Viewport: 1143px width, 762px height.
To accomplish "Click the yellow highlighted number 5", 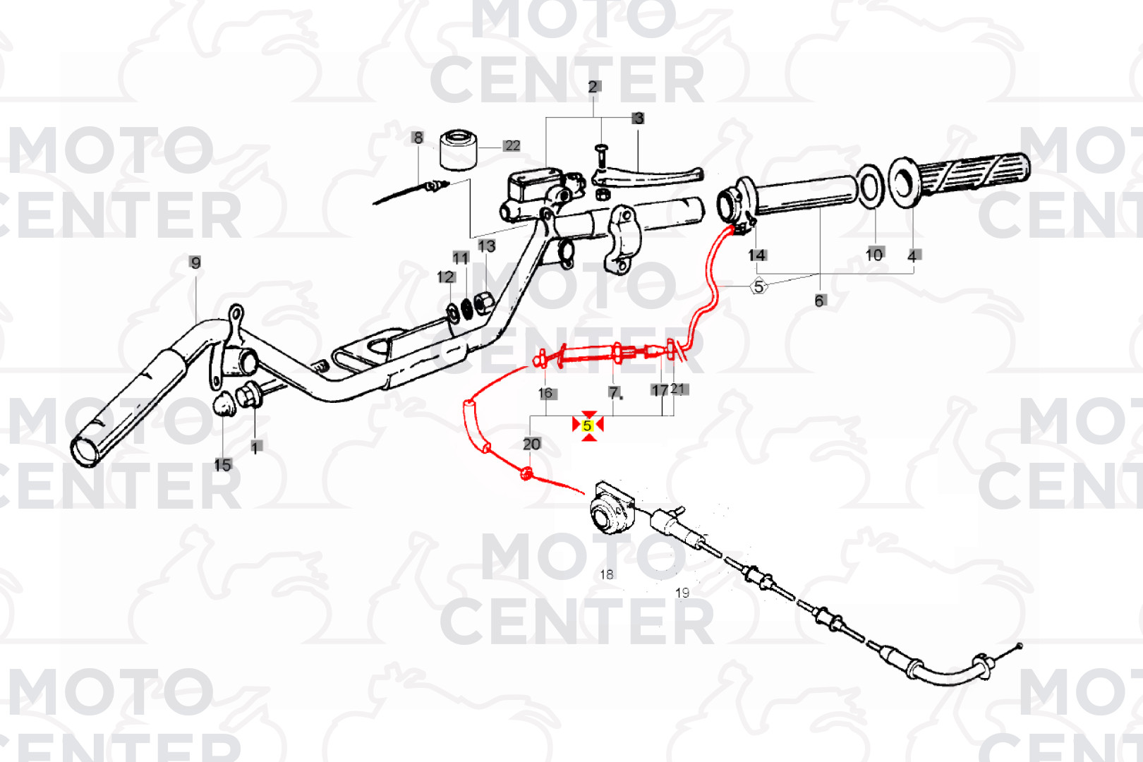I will coord(587,425).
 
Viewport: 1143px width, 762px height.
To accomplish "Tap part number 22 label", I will coord(512,146).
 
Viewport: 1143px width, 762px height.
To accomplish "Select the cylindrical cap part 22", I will coord(459,150).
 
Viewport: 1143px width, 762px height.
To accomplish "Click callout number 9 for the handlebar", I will coord(195,263).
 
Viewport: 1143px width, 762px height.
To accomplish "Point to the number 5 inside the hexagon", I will coord(758,286).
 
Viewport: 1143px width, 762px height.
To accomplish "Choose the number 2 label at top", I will coord(593,87).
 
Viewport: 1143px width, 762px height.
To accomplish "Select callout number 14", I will coord(757,255).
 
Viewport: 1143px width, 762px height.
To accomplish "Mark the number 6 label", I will coord(819,301).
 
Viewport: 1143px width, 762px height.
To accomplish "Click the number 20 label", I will coord(531,444).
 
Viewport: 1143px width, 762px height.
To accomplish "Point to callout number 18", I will coord(607,574).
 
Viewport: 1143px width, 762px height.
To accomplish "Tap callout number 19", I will coord(682,593).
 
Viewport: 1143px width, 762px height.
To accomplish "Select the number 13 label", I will coord(486,246).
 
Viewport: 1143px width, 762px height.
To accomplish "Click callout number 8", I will coord(418,138).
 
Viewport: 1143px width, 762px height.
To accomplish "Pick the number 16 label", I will coord(545,393).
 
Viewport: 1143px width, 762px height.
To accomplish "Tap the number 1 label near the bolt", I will coord(255,447).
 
